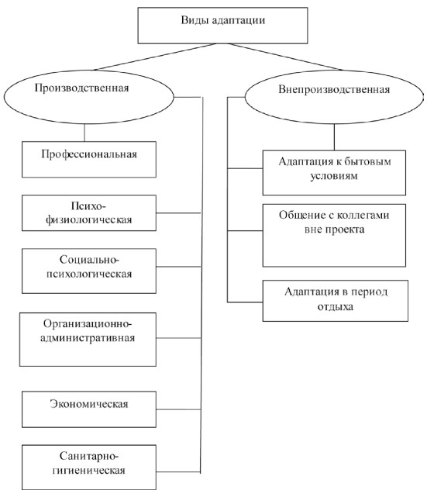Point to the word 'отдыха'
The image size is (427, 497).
pyautogui.click(x=335, y=307)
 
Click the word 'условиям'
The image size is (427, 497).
pyautogui.click(x=334, y=176)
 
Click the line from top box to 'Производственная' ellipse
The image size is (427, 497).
pyautogui.click(x=155, y=57)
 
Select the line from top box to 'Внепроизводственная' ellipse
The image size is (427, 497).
pyautogui.click(x=285, y=57)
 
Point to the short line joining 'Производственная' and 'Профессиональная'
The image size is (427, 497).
pyautogui.click(x=84, y=133)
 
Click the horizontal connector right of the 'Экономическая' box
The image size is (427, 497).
pyautogui.click(x=178, y=409)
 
